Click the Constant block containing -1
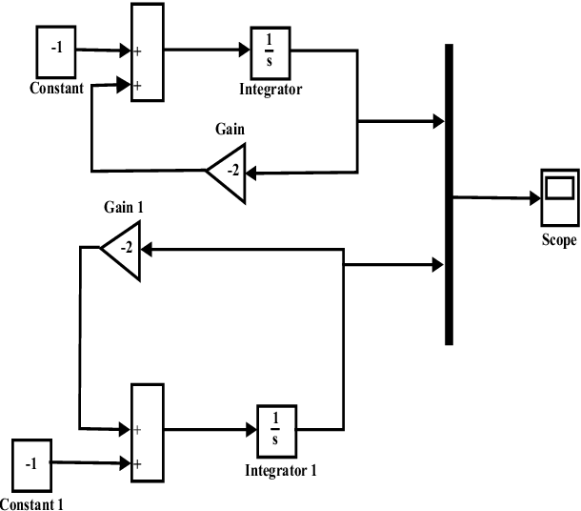58,51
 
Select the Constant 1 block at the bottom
32,464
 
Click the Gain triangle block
230,172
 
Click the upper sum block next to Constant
147,51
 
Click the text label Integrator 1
280,470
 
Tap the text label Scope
558,240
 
